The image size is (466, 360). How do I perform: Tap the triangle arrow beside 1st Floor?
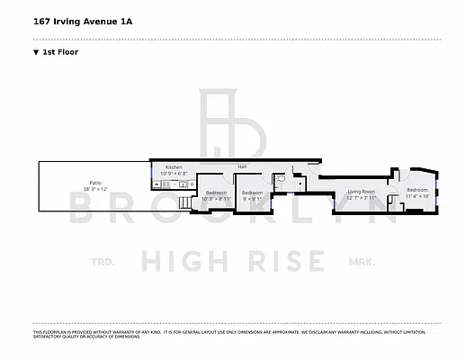pos(35,52)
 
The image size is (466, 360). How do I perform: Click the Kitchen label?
pos(173,166)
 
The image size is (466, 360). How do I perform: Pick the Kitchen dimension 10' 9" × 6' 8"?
pos(173,173)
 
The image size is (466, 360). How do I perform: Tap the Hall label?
pos(242,166)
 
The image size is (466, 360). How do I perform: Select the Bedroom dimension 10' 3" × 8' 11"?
pos(216,198)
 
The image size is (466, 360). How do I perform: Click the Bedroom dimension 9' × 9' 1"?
pos(253,198)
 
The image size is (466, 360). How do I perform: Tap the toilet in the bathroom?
pos(282,180)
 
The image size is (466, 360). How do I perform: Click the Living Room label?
pos(361,191)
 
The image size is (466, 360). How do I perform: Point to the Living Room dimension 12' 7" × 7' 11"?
pos(361,197)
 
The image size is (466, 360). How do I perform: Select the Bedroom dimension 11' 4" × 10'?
pos(417,196)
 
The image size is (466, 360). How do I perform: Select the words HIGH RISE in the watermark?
pos(233,262)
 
